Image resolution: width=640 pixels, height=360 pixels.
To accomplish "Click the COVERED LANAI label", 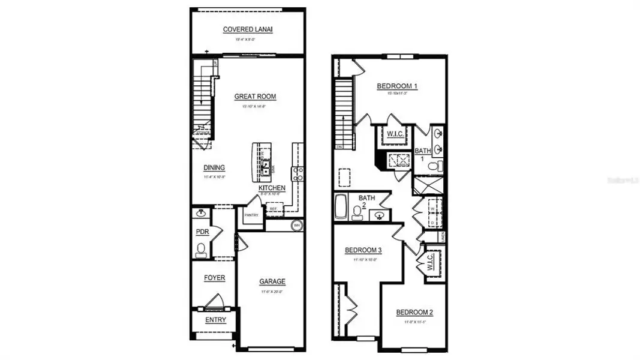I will [x=248, y=29].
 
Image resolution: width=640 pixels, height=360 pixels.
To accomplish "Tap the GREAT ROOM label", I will [x=255, y=96].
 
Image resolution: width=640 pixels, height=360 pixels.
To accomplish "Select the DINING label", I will [x=214, y=168].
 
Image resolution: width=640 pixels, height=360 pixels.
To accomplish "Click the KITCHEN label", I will [x=272, y=188].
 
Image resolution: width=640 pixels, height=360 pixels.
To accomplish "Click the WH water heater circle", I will [x=296, y=226].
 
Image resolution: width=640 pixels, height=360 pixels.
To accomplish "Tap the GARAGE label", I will [x=272, y=281].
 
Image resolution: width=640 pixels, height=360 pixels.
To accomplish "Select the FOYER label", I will [x=214, y=278].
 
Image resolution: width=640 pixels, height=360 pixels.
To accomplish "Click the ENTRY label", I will [x=215, y=320].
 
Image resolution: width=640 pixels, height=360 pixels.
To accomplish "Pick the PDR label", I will [x=202, y=232].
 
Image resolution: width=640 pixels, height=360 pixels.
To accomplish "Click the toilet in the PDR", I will [x=201, y=250].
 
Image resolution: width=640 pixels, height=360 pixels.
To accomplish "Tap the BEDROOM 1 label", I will [x=396, y=86].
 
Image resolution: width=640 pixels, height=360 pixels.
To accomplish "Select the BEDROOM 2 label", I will [x=414, y=313].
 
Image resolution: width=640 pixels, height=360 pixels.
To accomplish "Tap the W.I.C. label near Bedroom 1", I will [x=394, y=133].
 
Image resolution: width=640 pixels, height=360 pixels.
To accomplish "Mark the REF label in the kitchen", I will [x=273, y=209].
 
